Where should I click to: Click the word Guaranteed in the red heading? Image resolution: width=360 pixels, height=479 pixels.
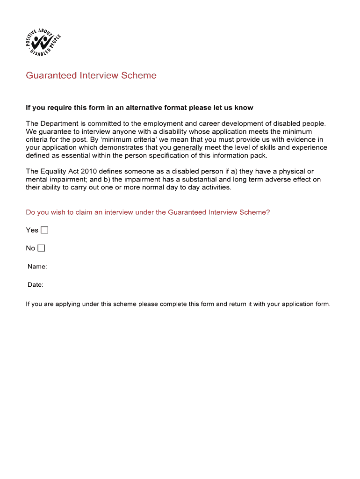[51, 75]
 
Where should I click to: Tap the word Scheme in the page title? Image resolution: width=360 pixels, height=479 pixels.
[138, 75]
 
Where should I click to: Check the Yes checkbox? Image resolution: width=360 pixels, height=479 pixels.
[44, 230]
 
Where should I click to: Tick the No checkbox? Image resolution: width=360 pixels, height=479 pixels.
[41, 248]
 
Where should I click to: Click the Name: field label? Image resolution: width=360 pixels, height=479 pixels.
[37, 267]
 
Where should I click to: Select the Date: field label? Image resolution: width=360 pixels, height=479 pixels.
[35, 285]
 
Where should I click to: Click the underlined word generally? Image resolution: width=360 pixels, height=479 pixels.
[187, 147]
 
